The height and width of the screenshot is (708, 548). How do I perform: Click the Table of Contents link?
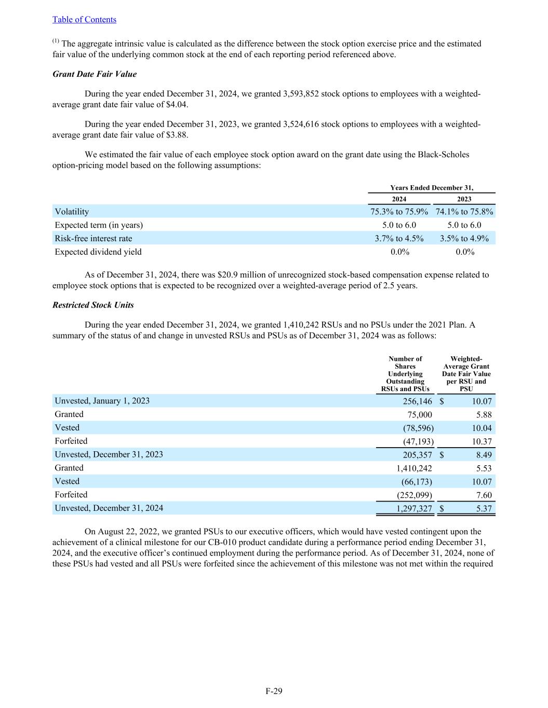(84, 20)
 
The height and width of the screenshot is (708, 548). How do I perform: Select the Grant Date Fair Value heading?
(95, 74)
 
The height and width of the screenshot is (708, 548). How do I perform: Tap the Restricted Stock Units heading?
(93, 305)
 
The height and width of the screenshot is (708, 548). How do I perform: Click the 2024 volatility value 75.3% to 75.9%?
(399, 212)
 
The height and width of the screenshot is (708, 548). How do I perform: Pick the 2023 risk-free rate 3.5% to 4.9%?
(464, 239)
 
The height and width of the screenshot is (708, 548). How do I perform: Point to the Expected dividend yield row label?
(98, 252)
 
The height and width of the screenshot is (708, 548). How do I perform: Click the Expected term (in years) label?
(99, 225)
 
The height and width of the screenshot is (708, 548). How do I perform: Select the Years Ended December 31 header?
(431, 188)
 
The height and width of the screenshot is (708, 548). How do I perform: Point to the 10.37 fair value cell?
(482, 442)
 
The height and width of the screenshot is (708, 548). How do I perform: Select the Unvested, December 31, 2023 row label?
(109, 455)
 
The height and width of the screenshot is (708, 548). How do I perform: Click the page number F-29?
(274, 691)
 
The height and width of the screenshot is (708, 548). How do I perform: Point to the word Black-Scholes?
(443, 155)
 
